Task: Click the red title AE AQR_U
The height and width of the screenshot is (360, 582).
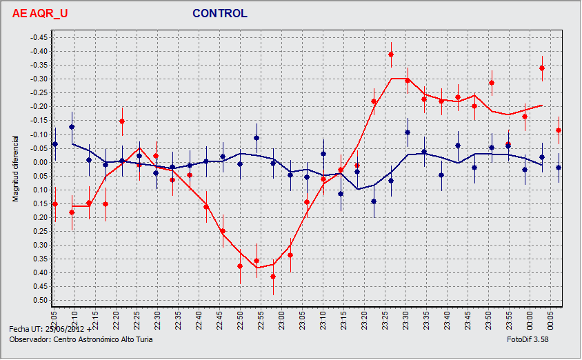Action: coord(40,13)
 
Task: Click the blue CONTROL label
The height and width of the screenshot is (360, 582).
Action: coord(219,13)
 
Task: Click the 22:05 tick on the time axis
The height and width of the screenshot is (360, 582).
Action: coord(54,319)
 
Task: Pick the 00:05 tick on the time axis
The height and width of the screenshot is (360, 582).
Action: coord(551,319)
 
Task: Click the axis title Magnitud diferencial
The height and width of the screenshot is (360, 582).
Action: coord(16,169)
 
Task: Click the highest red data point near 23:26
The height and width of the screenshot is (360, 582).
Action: coord(391,54)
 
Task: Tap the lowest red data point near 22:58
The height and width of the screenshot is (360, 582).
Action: coord(273,277)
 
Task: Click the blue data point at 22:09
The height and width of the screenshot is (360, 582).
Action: coord(72,127)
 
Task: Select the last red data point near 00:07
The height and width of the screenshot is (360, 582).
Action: coord(559,130)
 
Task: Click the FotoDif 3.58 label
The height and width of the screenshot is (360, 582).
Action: coord(527,339)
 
